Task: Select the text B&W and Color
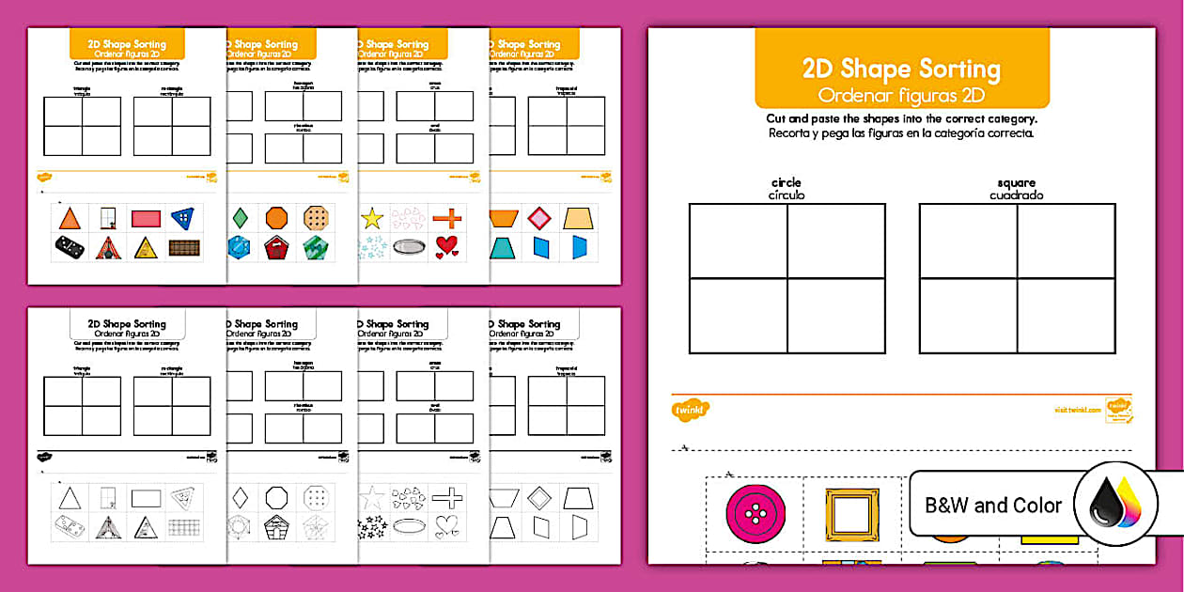[x=993, y=506]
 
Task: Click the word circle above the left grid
[x=786, y=182]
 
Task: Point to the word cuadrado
[x=1017, y=195]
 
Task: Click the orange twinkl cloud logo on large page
[x=691, y=409]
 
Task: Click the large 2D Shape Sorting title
[x=901, y=69]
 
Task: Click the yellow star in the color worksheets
[x=372, y=219]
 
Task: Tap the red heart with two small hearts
[x=447, y=247]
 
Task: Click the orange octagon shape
[x=276, y=218]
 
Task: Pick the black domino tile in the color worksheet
[x=70, y=247]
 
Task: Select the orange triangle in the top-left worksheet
[x=70, y=219]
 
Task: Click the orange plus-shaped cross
[x=447, y=218]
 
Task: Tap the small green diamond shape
[x=241, y=218]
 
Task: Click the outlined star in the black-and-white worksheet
[x=372, y=498]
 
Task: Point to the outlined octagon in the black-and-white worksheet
[x=276, y=497]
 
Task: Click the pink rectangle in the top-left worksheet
[x=146, y=219]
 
